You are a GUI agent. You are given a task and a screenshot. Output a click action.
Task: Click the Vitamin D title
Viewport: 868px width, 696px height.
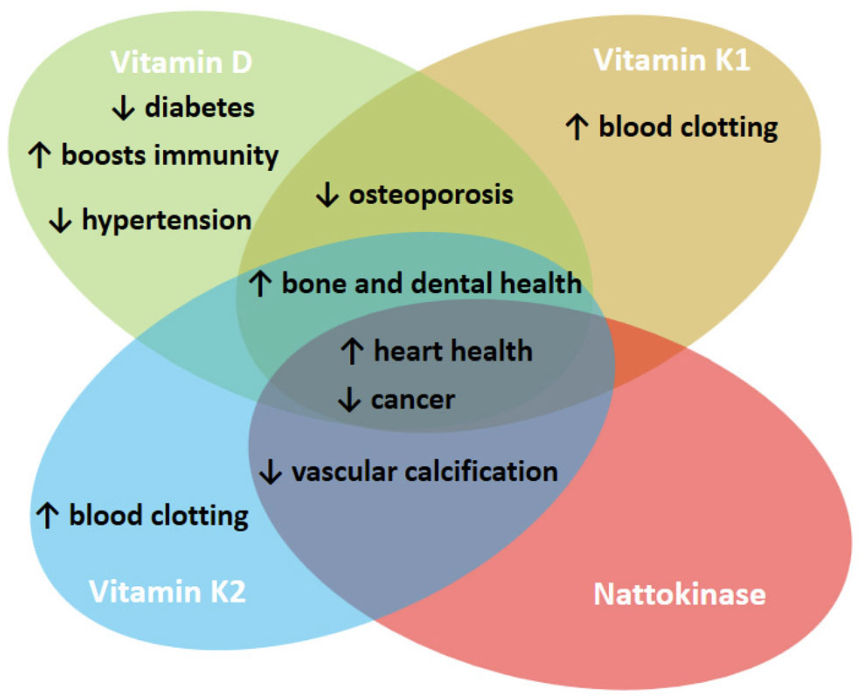pos(181,63)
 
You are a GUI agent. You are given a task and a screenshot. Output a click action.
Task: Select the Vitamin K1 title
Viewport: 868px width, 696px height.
pos(672,60)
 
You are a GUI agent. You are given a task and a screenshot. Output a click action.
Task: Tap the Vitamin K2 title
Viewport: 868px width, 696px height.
pos(167,591)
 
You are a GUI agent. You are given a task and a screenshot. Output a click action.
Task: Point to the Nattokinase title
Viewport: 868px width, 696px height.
pos(680,594)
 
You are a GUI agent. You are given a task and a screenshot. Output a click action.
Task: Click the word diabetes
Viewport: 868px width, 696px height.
pos(200,107)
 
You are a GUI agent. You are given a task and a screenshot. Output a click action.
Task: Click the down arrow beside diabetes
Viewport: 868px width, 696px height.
pos(123,108)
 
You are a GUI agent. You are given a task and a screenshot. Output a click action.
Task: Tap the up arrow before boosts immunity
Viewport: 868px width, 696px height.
pos(39,155)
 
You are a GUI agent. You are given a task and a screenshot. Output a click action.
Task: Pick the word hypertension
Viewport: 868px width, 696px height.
pos(167,220)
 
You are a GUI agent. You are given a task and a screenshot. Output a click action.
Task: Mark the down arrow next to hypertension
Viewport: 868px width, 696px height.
pos(61,220)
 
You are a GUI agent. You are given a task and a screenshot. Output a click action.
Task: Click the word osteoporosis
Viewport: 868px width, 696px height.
pos(431,194)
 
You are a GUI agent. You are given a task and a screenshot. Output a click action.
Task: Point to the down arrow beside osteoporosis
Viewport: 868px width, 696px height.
pos(327,194)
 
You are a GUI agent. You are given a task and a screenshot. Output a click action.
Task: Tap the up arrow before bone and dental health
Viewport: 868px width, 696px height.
pos(260,284)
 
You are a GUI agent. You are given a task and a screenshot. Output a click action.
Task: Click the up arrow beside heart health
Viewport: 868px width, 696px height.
pos(352,351)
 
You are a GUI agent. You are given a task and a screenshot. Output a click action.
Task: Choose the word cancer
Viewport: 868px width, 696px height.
pos(413,399)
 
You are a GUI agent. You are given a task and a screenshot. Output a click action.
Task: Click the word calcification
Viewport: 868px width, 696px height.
pos(481,472)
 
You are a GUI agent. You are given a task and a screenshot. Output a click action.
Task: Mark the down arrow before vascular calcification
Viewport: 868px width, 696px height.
pos(270,472)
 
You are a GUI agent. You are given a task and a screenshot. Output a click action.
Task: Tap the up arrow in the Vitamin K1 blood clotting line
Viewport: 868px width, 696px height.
pos(577,127)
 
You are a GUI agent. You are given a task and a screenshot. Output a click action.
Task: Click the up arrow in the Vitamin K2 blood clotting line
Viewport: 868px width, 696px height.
pos(48,515)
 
